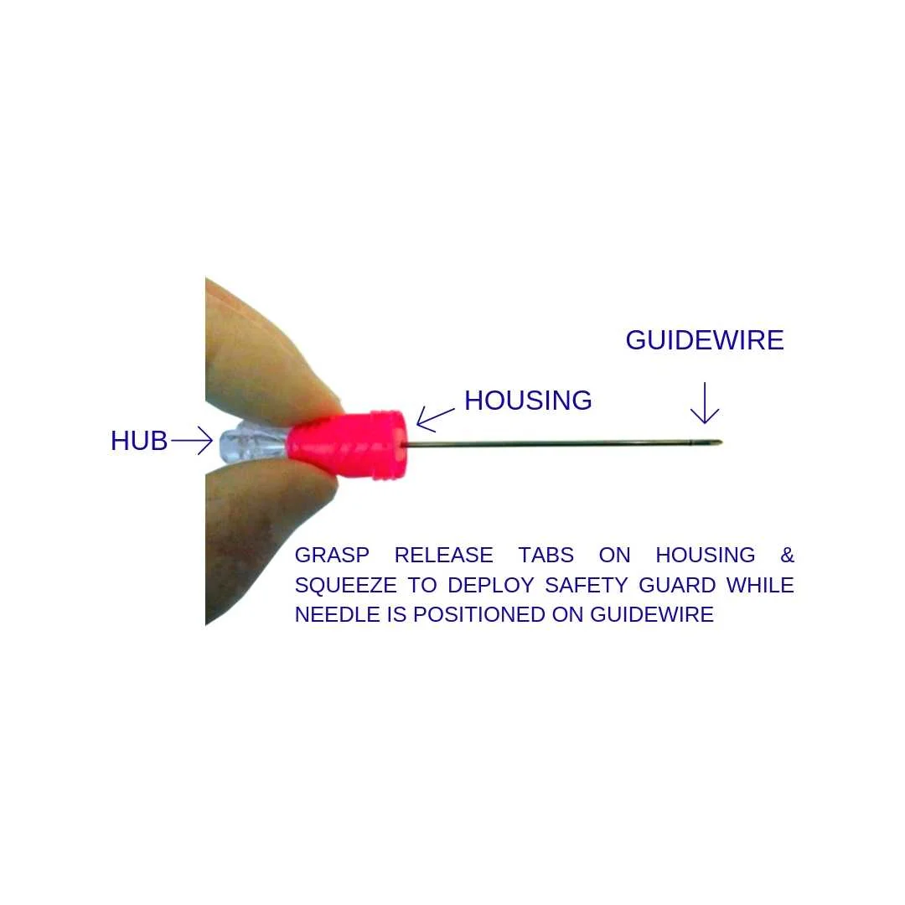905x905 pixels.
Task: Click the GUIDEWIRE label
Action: pyautogui.click(x=704, y=340)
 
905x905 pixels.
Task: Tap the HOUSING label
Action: pyautogui.click(x=528, y=401)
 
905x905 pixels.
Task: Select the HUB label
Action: pyautogui.click(x=139, y=441)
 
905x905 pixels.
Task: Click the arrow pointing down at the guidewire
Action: pyautogui.click(x=705, y=403)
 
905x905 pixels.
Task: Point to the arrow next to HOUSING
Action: pyautogui.click(x=435, y=418)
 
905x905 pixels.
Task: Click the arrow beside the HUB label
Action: pyautogui.click(x=192, y=440)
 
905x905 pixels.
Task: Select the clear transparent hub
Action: pyautogui.click(x=251, y=442)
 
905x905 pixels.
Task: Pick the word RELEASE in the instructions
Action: pyautogui.click(x=443, y=556)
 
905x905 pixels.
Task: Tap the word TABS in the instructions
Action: pyautogui.click(x=546, y=556)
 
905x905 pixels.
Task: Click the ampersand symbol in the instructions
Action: pyautogui.click(x=787, y=556)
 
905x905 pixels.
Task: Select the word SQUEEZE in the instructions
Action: pyautogui.click(x=345, y=585)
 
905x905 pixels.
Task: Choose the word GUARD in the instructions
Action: pyautogui.click(x=677, y=585)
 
